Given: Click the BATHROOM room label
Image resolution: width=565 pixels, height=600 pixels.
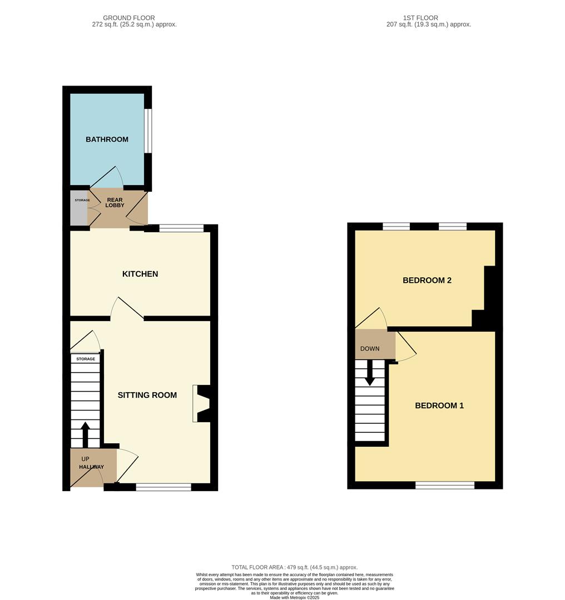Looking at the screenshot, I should click(107, 139).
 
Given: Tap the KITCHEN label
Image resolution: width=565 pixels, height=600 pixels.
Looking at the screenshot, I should click(140, 274).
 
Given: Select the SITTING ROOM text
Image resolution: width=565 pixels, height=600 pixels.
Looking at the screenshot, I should click(147, 395).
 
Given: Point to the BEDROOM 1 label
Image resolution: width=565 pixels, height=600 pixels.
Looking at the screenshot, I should click(439, 406).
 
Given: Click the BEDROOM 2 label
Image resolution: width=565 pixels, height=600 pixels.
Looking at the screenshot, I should click(427, 281).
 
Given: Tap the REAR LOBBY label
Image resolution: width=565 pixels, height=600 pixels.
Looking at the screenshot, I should click(115, 203).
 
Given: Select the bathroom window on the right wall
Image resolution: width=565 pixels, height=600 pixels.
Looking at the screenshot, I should click(148, 130).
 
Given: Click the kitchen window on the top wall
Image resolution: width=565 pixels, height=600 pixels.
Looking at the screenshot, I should click(181, 228).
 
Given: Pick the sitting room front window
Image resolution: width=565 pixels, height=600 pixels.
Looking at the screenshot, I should click(163, 487).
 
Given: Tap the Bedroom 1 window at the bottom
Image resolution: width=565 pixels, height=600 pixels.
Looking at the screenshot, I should click(445, 486).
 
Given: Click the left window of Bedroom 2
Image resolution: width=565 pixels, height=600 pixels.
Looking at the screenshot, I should click(397, 226).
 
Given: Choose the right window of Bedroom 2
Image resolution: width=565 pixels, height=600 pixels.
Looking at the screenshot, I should click(453, 226).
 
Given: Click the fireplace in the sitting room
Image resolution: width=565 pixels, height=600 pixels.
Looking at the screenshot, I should click(201, 403).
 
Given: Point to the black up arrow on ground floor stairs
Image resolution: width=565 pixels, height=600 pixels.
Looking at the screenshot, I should click(85, 434).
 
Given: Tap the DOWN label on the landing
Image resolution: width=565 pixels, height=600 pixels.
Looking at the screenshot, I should click(370, 349).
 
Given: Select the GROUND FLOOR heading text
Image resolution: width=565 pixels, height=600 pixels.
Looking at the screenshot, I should click(129, 18).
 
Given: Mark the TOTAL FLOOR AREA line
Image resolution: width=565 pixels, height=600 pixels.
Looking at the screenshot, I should click(294, 567).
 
